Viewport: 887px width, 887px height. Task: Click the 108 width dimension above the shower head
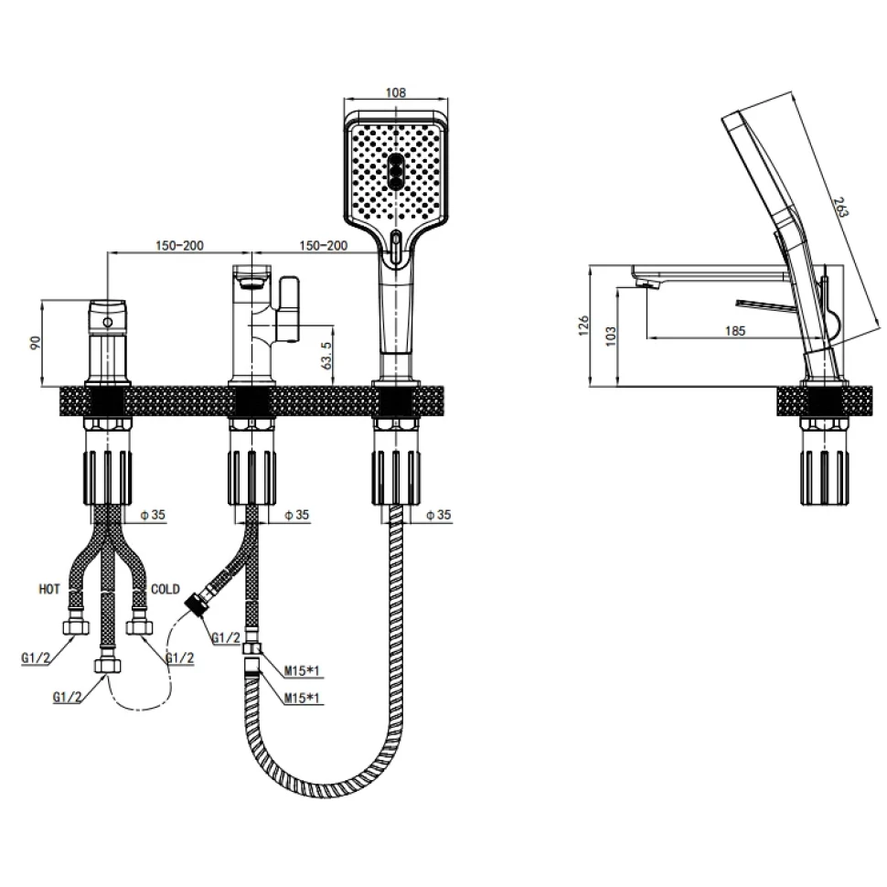click(395, 92)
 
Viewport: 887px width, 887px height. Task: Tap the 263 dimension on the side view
click(842, 207)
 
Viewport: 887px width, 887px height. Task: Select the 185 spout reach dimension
click(735, 330)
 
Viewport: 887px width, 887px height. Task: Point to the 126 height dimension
click(583, 326)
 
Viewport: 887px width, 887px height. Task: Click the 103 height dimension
click(610, 336)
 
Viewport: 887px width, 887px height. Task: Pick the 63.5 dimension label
click(326, 355)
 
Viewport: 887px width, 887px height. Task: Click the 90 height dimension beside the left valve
click(35, 343)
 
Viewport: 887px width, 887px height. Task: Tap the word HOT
click(49, 590)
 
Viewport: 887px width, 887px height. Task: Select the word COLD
click(166, 590)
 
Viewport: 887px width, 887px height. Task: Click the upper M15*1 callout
click(302, 671)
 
